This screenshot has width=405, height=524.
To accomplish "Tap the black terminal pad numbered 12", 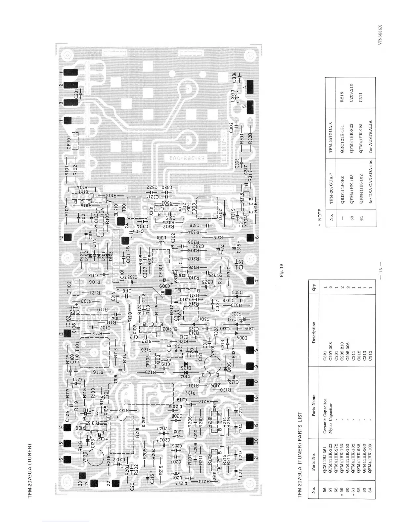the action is click(x=68, y=237).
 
